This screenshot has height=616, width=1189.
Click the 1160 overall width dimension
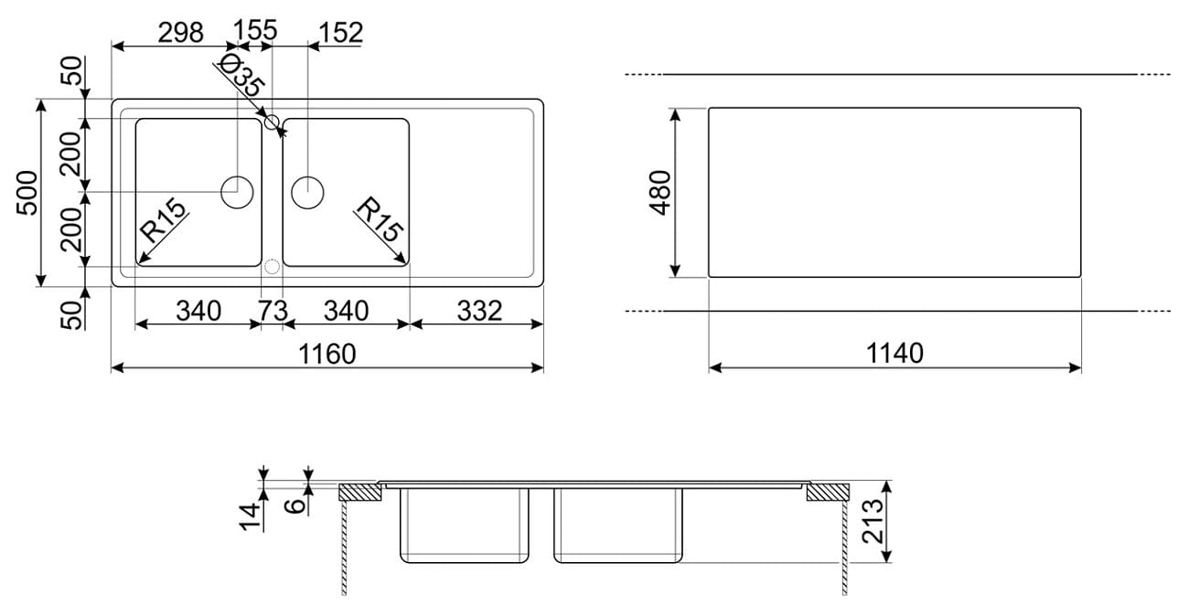[327, 354]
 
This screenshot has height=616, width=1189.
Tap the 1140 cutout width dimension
[894, 353]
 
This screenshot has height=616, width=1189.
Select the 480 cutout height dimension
[660, 193]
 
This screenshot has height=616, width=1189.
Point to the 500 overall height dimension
[27, 193]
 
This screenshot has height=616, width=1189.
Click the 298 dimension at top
[181, 33]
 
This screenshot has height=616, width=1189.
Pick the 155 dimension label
[255, 30]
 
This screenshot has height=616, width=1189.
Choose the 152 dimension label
[341, 32]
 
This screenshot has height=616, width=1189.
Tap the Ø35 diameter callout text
[242, 75]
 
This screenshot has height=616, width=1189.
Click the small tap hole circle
[272, 122]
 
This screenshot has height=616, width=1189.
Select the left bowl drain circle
[237, 192]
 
